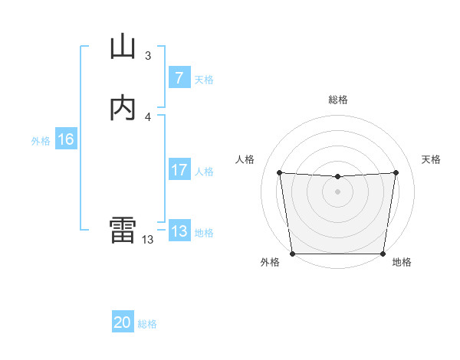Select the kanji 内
(123, 109)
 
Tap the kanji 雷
(123, 230)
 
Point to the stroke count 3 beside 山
(148, 56)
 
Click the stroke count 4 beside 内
(148, 116)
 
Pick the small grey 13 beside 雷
(148, 239)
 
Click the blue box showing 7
(179, 78)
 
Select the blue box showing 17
(179, 170)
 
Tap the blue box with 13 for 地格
(179, 231)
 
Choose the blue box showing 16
(65, 139)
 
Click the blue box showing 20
(123, 322)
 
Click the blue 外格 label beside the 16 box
(41, 141)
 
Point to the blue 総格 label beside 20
(147, 324)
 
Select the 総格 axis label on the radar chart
(337, 100)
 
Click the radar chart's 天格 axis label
(431, 159)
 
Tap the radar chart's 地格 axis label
(402, 263)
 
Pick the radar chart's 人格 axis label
(245, 159)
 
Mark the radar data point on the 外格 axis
(292, 254)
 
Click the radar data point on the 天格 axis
(396, 172)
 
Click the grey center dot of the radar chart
(337, 191)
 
